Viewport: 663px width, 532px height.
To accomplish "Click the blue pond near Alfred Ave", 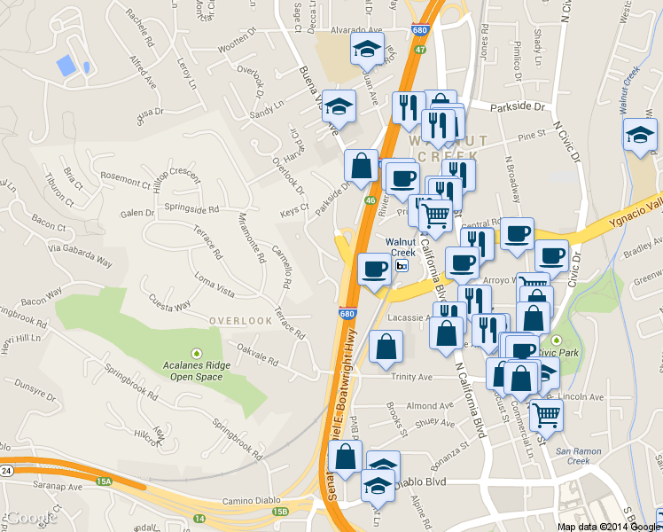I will point(66,65).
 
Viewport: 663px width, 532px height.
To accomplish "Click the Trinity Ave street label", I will point(411,377).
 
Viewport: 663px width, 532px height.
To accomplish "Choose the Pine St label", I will point(532,136).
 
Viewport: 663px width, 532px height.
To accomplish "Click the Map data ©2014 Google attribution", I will point(608,526).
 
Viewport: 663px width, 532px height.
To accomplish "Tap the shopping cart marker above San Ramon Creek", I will point(546,412).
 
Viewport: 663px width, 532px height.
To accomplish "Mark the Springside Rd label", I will point(191,210).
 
